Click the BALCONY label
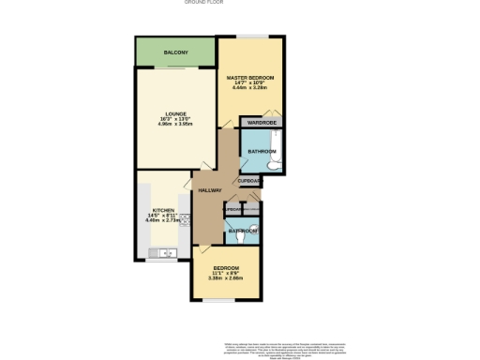[x=174, y=52]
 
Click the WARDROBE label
[x=260, y=123]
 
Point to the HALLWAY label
[x=209, y=190]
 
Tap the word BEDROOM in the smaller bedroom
[x=225, y=269]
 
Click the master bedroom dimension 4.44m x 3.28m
[x=250, y=89]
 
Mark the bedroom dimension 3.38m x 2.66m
[x=225, y=279]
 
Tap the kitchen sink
[x=165, y=252]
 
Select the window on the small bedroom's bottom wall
[x=223, y=302]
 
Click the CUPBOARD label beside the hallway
[x=248, y=180]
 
